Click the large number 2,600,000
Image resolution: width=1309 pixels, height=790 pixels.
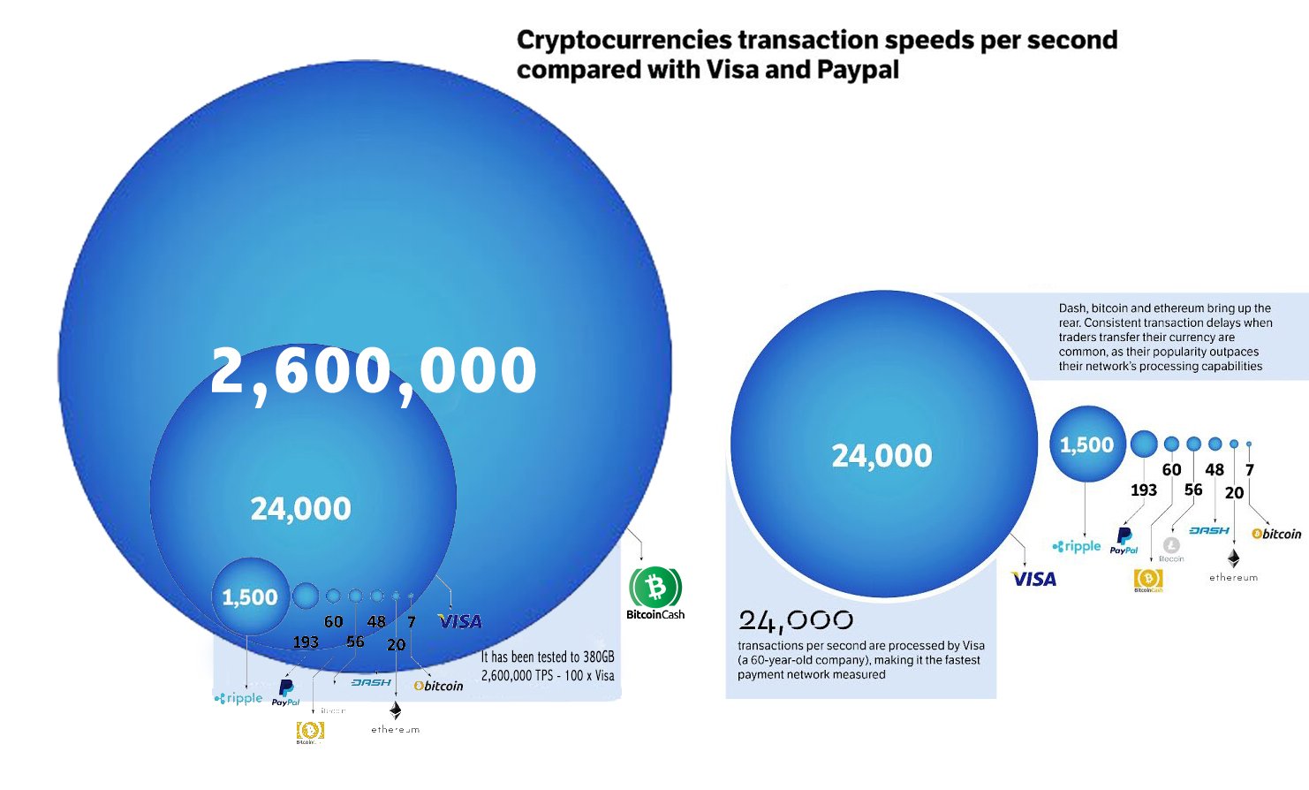[x=373, y=371]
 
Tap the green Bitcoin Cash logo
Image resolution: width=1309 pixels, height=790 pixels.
[x=655, y=587]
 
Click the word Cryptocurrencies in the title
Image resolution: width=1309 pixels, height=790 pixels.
[x=624, y=41]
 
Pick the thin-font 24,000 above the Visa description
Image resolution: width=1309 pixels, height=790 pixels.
[x=796, y=621]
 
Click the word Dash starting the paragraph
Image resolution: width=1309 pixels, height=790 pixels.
[x=1072, y=308]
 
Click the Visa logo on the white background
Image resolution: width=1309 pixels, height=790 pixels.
[x=1034, y=580]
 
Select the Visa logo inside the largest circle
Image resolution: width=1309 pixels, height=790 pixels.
[x=460, y=622]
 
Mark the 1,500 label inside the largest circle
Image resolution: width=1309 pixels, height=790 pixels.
[x=250, y=597]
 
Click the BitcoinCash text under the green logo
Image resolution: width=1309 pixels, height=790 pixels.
[x=655, y=615]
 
